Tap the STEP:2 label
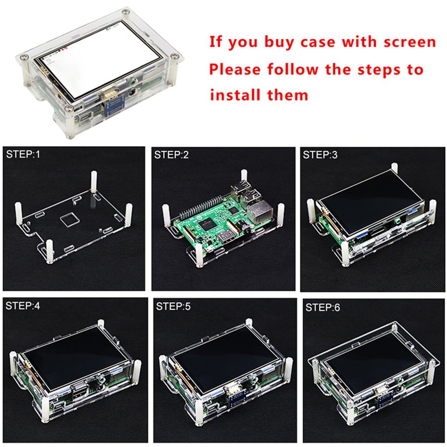click(171, 154)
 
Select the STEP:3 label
click(320, 154)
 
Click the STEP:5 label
click(173, 306)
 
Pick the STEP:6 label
click(323, 307)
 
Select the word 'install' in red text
click(235, 95)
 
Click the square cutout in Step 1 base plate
click(69, 219)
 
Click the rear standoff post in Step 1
click(94, 181)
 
